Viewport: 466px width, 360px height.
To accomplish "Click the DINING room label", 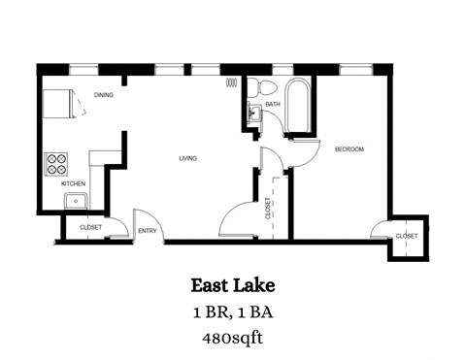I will click(105, 95).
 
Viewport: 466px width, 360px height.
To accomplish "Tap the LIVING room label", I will click(188, 157).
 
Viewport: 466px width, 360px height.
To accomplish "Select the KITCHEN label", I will click(73, 183).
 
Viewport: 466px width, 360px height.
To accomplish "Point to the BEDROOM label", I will click(349, 148).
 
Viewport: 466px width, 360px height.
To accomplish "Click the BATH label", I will click(273, 103).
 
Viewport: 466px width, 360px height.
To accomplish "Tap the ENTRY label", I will click(148, 230).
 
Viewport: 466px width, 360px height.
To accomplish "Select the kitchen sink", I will click(75, 202).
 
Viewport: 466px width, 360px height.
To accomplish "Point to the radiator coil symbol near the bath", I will click(230, 84).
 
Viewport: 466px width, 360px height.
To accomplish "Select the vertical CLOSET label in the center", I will click(268, 208).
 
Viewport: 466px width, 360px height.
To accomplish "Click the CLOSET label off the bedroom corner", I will click(406, 236).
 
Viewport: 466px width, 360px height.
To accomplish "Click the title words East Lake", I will click(232, 285).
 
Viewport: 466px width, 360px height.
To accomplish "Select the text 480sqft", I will click(232, 338).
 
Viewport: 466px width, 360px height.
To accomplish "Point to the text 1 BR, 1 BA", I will click(232, 312).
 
